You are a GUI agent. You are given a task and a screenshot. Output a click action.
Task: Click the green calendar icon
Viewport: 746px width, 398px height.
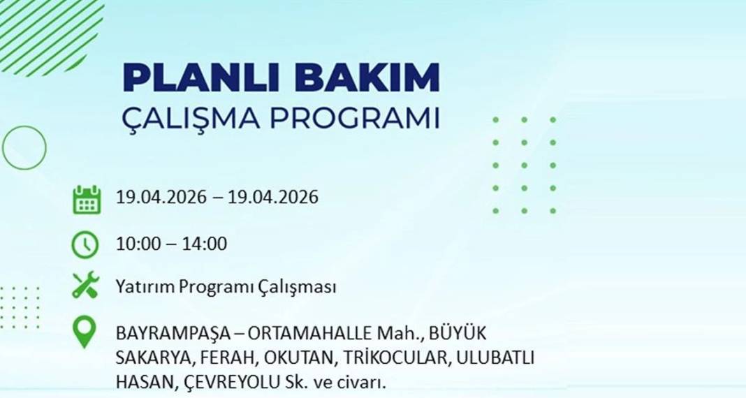click(x=87, y=199)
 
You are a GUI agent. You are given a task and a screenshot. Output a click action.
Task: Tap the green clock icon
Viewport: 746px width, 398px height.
click(x=85, y=244)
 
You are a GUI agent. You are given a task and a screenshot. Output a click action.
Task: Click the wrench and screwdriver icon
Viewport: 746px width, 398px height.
click(x=85, y=286)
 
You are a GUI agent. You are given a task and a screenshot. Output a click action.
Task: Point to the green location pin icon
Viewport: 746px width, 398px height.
click(x=85, y=333)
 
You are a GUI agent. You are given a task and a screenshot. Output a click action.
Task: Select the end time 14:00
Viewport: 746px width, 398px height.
click(x=204, y=244)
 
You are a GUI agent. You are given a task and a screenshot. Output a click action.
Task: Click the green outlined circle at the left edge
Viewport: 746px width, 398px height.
click(x=24, y=147)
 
